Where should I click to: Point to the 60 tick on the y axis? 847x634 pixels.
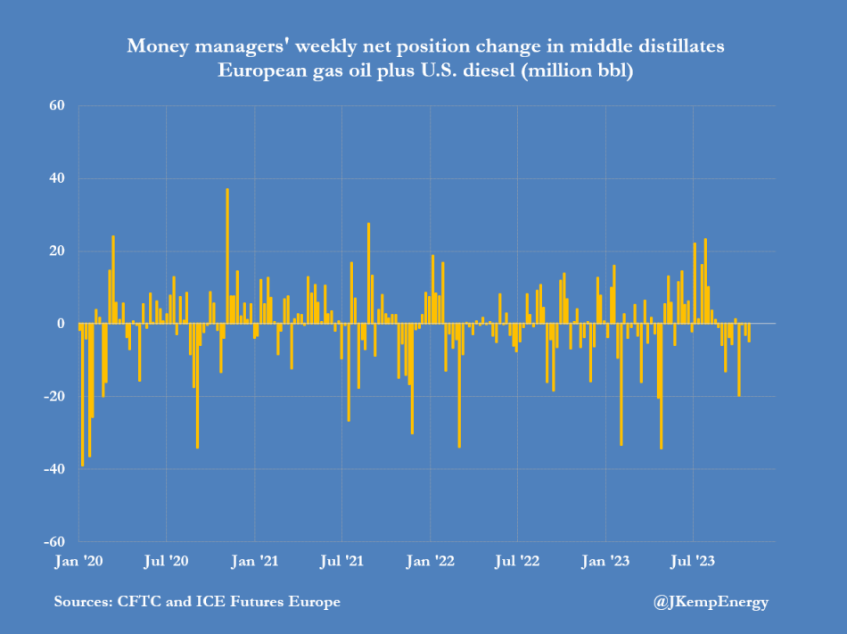pyautogui.click(x=57, y=106)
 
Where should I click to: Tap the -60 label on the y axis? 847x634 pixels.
pyautogui.click(x=54, y=541)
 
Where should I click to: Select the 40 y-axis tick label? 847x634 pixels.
pyautogui.click(x=57, y=178)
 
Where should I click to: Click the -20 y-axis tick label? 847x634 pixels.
pyautogui.click(x=54, y=396)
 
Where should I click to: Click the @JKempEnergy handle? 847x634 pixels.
pyautogui.click(x=711, y=602)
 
